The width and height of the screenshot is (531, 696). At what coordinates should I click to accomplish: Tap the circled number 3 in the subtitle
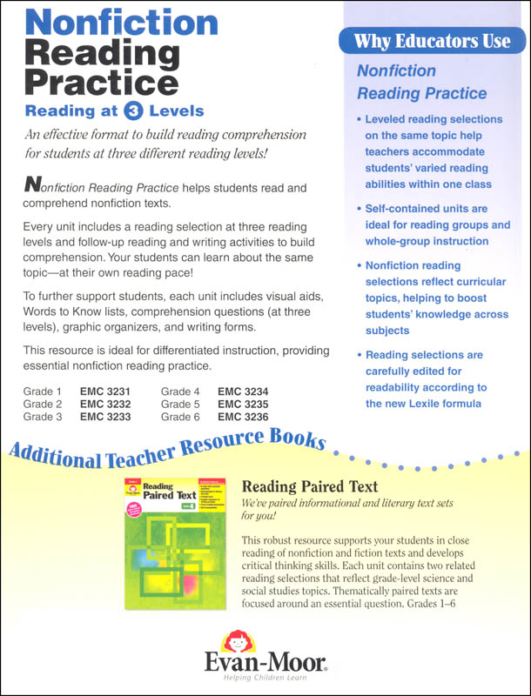click(132, 110)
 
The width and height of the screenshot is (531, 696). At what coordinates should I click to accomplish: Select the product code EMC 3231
click(104, 391)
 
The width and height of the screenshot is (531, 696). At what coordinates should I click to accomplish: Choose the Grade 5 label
click(180, 404)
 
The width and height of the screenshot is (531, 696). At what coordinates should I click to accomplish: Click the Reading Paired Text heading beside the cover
click(305, 487)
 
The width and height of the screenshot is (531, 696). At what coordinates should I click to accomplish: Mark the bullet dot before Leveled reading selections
click(360, 120)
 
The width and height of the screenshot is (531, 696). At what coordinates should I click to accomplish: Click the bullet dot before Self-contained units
click(360, 210)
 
